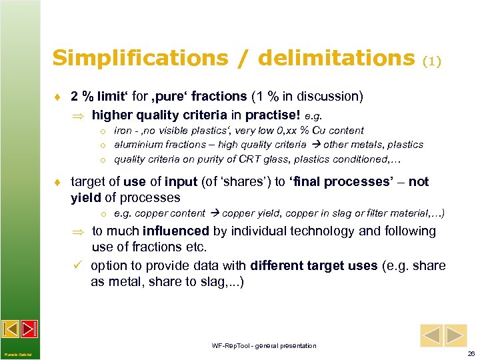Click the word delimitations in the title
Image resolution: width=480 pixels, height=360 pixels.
[x=335, y=58]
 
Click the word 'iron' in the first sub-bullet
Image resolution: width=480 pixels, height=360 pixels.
[x=123, y=131]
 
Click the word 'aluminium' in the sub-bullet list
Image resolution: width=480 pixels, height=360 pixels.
[x=136, y=144]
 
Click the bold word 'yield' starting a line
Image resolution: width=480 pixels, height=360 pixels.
[x=85, y=197]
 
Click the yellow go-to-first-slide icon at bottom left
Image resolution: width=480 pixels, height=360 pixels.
[x=11, y=329]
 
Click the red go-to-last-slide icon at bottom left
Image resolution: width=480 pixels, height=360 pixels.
[x=29, y=329]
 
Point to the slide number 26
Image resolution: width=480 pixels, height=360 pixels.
[x=471, y=353]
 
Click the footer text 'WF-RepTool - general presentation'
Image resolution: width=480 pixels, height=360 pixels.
[x=264, y=346]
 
